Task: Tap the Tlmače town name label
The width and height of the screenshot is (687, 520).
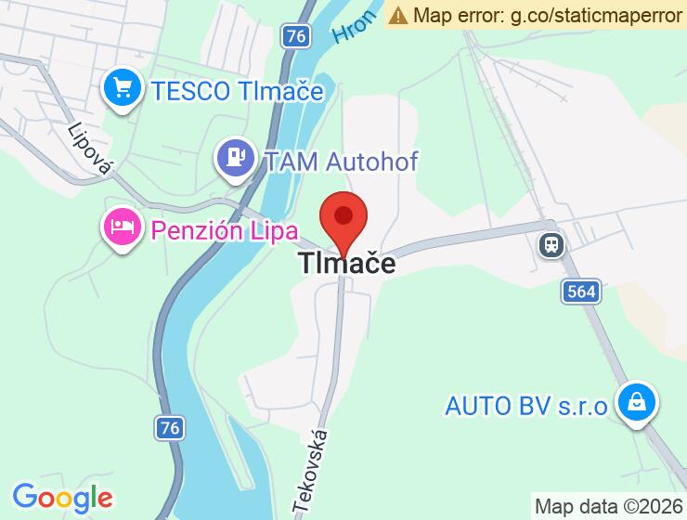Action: pos(346,264)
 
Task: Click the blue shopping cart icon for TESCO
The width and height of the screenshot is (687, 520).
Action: pos(122,90)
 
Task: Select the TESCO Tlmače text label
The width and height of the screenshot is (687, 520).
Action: pos(238,91)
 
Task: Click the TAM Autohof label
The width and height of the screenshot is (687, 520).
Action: pos(341,161)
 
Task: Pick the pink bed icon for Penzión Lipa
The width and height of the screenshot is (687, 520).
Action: pos(122,226)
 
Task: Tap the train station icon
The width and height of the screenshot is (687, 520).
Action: pos(551,244)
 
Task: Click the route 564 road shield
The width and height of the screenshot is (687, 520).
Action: pos(579,292)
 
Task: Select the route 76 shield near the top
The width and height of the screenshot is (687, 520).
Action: pos(294,36)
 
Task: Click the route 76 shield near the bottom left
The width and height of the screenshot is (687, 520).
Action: pos(169,427)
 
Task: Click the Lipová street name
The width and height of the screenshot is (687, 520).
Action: pos(91,147)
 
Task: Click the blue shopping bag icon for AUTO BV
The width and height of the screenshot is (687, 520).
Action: pos(638,403)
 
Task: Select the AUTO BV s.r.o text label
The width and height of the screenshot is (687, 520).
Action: pos(525,406)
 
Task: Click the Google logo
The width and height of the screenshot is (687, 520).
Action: pos(63,497)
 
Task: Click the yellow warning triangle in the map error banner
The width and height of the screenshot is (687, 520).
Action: pos(398,15)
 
